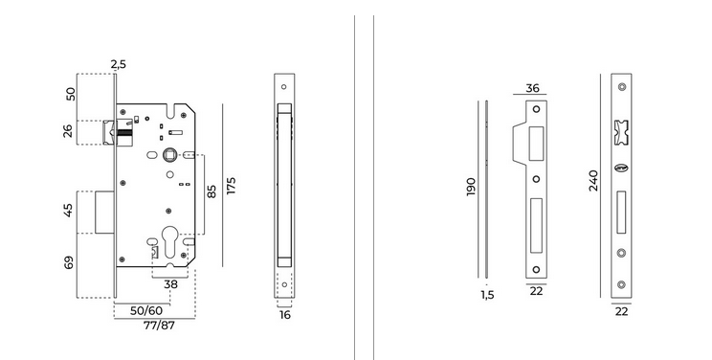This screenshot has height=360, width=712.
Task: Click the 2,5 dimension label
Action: click(118, 64)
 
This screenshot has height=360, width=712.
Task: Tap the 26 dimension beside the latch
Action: click(68, 131)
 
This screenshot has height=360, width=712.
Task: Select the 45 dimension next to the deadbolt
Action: click(68, 210)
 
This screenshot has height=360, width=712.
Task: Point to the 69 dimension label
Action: click(68, 263)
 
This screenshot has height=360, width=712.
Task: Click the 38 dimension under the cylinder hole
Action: click(170, 284)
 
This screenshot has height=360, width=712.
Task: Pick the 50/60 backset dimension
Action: click(145, 311)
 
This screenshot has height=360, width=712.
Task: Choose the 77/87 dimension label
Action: click(159, 326)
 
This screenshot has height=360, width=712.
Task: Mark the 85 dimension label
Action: click(211, 191)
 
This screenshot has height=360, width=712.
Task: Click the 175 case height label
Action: click(232, 186)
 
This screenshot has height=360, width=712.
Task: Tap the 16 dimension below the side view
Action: click(285, 315)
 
